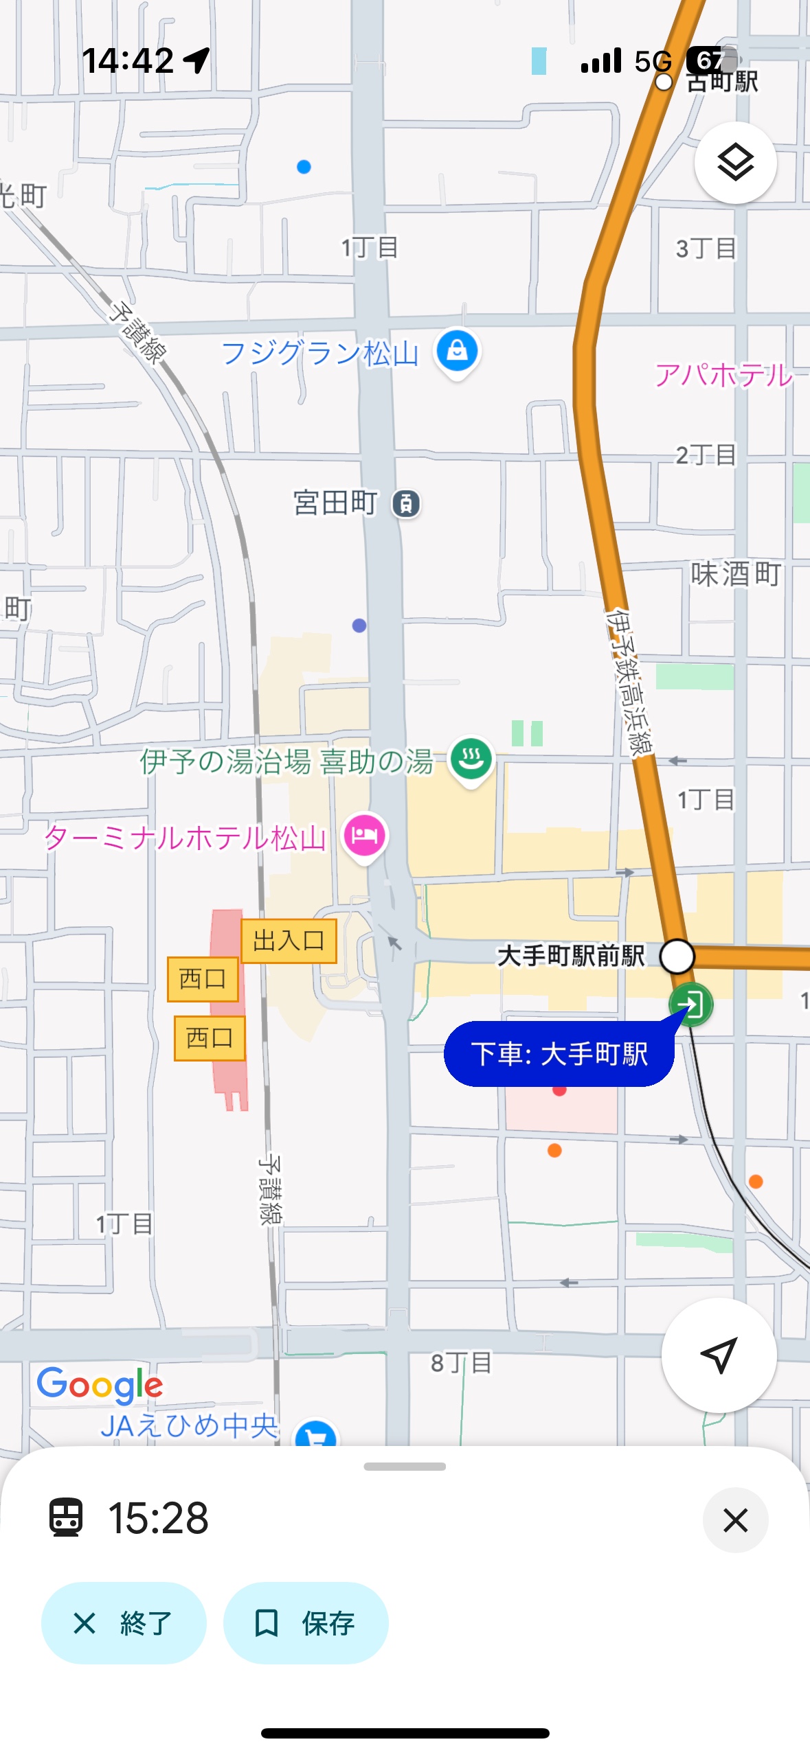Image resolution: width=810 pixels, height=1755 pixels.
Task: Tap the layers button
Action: coord(735,163)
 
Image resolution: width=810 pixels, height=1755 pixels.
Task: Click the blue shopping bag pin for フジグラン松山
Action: coord(457,352)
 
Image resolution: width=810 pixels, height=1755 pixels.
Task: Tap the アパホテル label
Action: coord(723,375)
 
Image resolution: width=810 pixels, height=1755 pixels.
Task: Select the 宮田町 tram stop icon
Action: coord(406,503)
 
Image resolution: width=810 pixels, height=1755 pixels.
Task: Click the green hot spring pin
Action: coord(471,759)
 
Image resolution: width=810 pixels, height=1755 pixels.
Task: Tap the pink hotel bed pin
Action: coord(364,835)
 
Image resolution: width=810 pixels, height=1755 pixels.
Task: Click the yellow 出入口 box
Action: coord(289,941)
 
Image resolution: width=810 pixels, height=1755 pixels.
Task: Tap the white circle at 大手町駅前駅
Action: coord(677,956)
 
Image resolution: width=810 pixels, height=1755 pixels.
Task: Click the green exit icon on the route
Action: coord(691,1005)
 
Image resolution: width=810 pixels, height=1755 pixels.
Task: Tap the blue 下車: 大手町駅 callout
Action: coord(559,1054)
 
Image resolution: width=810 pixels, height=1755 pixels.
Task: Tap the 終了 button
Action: coord(124,1623)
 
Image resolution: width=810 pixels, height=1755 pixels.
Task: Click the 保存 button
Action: coord(306,1623)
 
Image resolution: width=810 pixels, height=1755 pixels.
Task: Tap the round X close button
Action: coord(735,1520)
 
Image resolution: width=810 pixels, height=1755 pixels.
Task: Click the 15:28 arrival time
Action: coord(158,1518)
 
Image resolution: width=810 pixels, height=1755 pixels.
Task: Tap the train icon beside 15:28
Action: coord(66,1517)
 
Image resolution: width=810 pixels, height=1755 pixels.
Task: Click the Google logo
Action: coord(100,1384)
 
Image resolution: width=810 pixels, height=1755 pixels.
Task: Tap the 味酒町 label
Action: coord(735,574)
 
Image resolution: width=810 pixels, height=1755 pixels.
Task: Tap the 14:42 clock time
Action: coord(128,60)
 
